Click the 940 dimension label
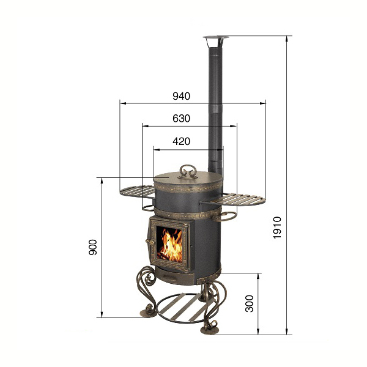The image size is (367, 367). (182, 96)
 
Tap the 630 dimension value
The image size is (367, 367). (182, 119)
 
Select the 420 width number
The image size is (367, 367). (182, 141)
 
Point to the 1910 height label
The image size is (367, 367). (277, 228)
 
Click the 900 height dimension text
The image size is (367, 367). (93, 247)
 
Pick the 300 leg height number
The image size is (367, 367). (250, 303)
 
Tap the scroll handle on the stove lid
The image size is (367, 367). (188, 171)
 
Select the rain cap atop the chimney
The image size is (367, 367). (215, 41)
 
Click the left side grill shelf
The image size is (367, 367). (137, 191)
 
